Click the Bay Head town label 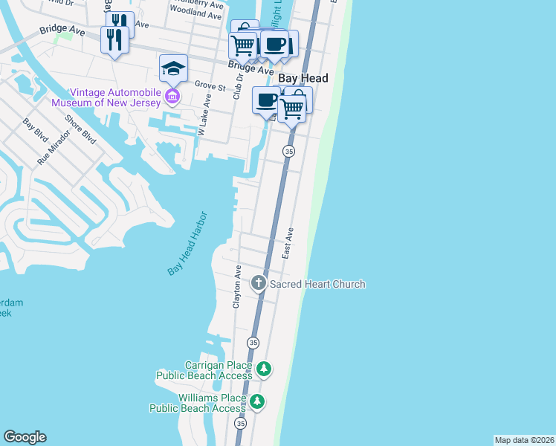pos(303,78)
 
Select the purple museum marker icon pos(172,97)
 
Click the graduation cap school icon pos(173,69)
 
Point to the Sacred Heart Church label pos(317,284)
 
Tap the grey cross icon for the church pos(258,282)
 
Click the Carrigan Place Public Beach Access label pos(204,370)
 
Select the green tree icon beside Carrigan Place pos(262,369)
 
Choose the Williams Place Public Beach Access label pos(198,403)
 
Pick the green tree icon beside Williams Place pos(256,402)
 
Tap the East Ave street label pos(288,243)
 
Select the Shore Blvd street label pos(80,128)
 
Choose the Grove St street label pos(210,85)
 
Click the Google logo pos(25,437)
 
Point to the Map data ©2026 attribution pos(524,440)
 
